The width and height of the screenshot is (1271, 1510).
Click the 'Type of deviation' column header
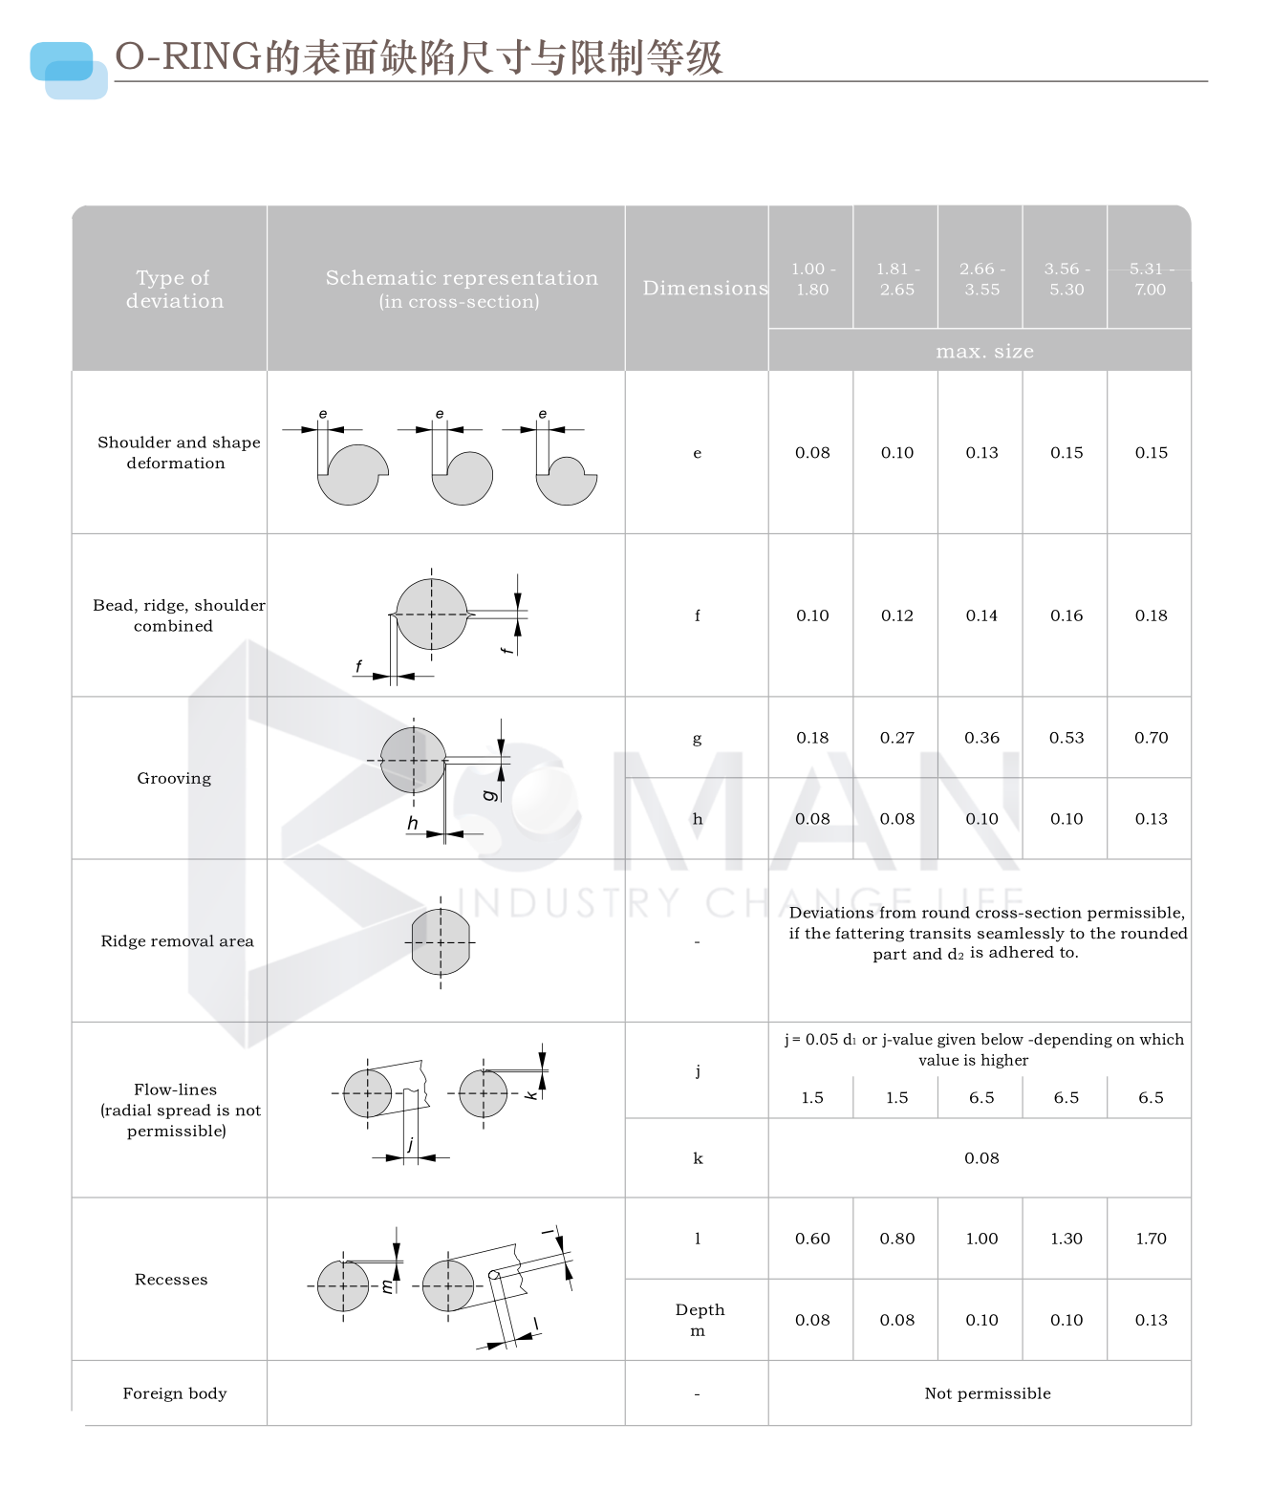click(x=174, y=289)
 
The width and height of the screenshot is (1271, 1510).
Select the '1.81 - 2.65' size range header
click(x=897, y=279)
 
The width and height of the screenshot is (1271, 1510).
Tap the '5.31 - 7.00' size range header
click(x=1151, y=279)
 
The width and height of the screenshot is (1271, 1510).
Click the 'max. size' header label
click(x=984, y=352)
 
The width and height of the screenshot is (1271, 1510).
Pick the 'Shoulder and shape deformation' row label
click(x=178, y=452)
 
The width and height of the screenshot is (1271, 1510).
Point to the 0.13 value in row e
click(x=981, y=453)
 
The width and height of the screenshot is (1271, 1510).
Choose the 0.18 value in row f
click(x=1151, y=615)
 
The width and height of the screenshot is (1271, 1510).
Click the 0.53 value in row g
click(x=1066, y=738)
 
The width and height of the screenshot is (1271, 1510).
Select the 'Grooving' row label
click(x=174, y=778)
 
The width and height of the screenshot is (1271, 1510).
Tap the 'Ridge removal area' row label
click(x=177, y=941)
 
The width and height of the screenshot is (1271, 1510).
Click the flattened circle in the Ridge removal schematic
click(x=441, y=941)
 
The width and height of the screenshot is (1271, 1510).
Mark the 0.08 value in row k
click(x=981, y=1158)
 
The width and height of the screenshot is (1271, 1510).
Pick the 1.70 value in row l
click(x=1151, y=1239)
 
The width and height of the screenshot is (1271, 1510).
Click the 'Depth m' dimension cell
click(x=699, y=1320)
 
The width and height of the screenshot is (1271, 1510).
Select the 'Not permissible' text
click(x=987, y=1393)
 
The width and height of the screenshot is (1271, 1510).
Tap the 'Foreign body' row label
click(x=175, y=1393)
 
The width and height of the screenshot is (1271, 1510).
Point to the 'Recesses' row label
click(x=171, y=1280)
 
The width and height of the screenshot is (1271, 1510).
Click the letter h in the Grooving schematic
click(x=413, y=823)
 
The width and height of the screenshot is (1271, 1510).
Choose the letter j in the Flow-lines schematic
click(x=411, y=1144)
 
